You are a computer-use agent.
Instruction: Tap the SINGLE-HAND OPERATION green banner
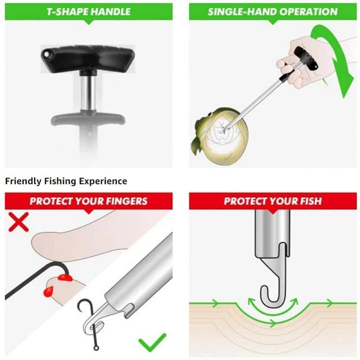pos(272,11)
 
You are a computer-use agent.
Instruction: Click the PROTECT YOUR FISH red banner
pos(272,201)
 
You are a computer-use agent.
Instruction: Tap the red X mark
pos(18,222)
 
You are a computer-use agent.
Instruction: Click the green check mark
pos(152,342)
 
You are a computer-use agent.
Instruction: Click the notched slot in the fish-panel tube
pos(282,250)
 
